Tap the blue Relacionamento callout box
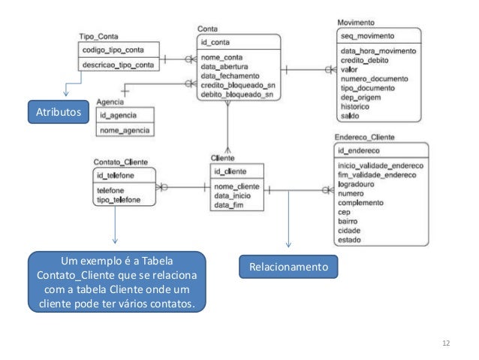tap(288, 267)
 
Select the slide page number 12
tap(446, 343)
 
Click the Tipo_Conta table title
tap(98, 37)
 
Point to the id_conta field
tap(215, 41)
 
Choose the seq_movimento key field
tap(367, 36)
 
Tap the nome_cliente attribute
tap(237, 186)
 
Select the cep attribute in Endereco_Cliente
tap(345, 213)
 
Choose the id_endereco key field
tap(357, 152)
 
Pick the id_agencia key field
tap(119, 115)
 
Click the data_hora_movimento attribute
tap(378, 50)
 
